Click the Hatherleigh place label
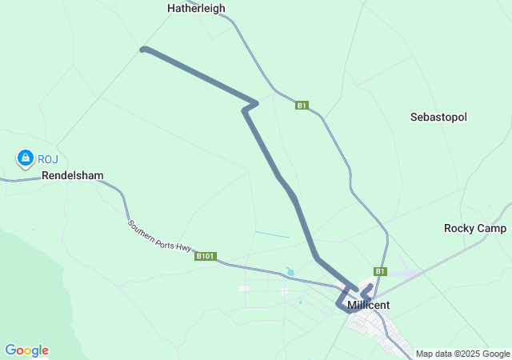(196, 8)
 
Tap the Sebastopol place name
(438, 117)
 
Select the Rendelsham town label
(73, 175)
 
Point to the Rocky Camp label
(475, 228)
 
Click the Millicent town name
(369, 306)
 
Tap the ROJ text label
(48, 158)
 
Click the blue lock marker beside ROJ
(25, 158)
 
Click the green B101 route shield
(206, 256)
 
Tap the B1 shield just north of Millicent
(381, 271)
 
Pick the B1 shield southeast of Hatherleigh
(302, 105)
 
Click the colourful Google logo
(26, 350)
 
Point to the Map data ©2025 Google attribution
(462, 354)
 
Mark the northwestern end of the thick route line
(143, 50)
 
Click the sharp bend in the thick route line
(254, 102)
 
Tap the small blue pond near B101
(290, 272)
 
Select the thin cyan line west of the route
(273, 234)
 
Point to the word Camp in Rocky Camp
(492, 228)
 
